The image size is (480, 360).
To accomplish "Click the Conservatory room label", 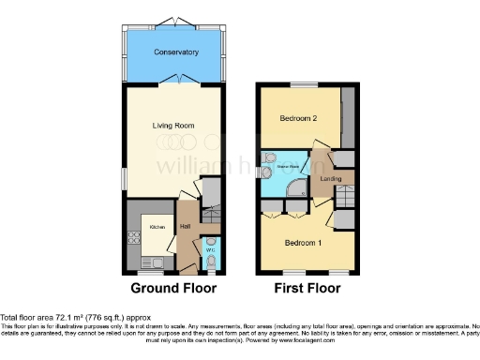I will click(177, 52).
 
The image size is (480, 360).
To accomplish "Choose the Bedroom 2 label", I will click(299, 119).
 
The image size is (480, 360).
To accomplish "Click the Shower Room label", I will click(286, 166).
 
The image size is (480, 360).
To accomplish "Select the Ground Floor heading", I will click(173, 288).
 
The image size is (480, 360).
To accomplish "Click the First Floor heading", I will click(307, 288).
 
